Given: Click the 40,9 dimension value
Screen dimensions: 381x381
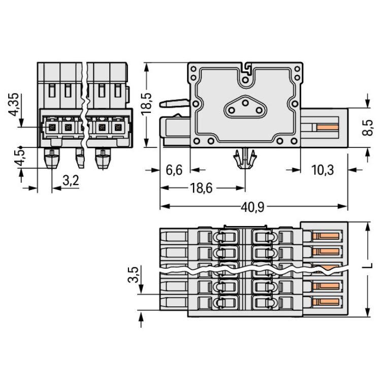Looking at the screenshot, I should tap(253, 207).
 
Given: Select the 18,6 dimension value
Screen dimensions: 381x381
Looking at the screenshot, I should tap(201, 188).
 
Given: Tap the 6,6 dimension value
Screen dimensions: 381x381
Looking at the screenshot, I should tap(174, 170).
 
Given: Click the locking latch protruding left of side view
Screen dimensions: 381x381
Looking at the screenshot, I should tap(173, 103).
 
